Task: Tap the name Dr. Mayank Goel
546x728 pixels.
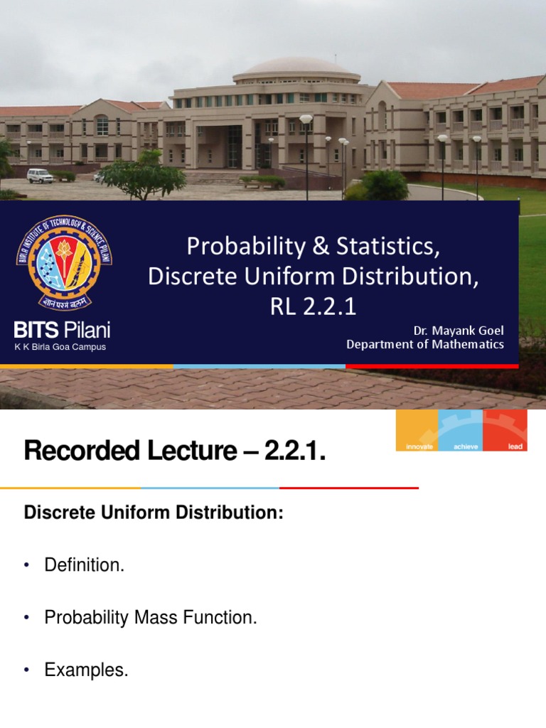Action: click(x=459, y=331)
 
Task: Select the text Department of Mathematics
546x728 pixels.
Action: click(x=424, y=344)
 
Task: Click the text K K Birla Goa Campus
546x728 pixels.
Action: click(x=60, y=347)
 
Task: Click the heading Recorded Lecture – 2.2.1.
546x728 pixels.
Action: click(x=174, y=451)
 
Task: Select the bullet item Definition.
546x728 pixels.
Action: click(x=84, y=565)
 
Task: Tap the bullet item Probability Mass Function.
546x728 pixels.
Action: click(x=150, y=618)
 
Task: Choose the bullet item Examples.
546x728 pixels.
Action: click(x=86, y=670)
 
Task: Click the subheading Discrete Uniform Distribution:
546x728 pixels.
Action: click(x=154, y=513)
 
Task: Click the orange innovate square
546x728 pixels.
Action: click(x=417, y=430)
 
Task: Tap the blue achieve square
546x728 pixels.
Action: click(x=461, y=430)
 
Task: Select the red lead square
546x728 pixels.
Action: click(x=505, y=430)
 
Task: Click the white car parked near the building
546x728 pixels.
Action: click(x=40, y=175)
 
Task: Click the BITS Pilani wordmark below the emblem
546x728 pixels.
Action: click(x=63, y=330)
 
